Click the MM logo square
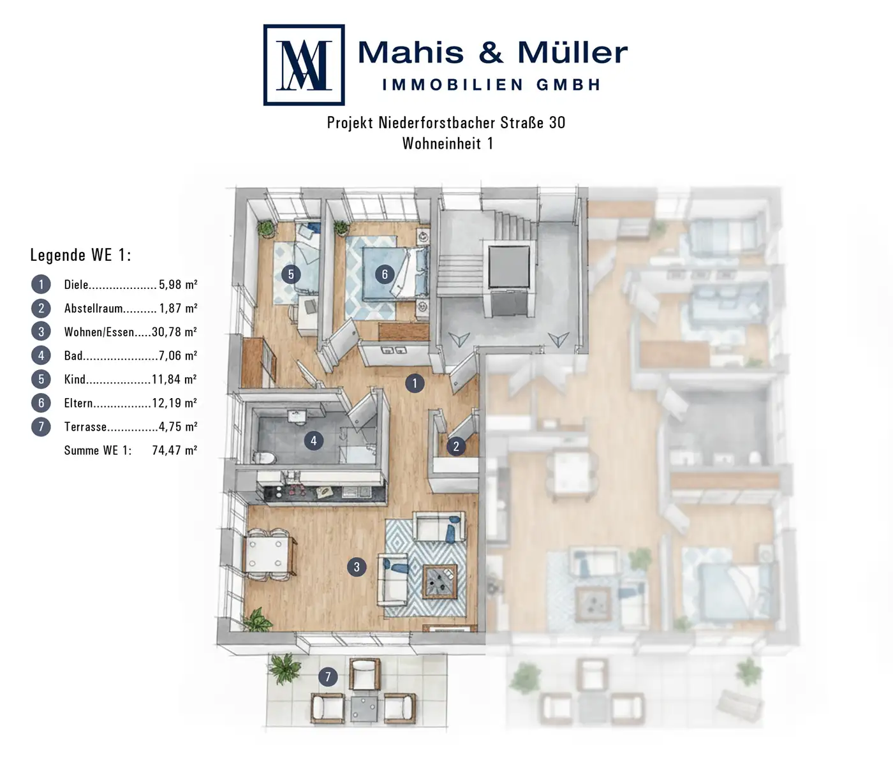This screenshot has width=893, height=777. point(304,64)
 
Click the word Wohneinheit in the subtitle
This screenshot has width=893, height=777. point(441,143)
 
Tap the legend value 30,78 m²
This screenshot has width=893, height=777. point(174,332)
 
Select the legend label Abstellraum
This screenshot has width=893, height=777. point(93,308)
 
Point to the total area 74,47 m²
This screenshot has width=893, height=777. point(175,450)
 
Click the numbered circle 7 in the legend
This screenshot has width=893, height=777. point(41,427)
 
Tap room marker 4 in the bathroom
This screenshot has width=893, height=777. point(313,441)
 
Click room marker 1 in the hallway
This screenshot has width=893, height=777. point(415,383)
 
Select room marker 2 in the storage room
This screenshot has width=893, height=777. point(456,446)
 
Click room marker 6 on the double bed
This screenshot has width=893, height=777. point(385,274)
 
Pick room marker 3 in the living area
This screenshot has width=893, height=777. point(357,567)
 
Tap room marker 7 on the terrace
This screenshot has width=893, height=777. point(328,677)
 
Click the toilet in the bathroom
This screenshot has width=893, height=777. point(264,458)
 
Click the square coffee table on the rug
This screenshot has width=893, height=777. point(440,581)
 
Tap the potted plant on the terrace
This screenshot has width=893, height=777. point(284,669)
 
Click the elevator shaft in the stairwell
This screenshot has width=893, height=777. point(509,266)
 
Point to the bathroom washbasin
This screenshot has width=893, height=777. point(297,417)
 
